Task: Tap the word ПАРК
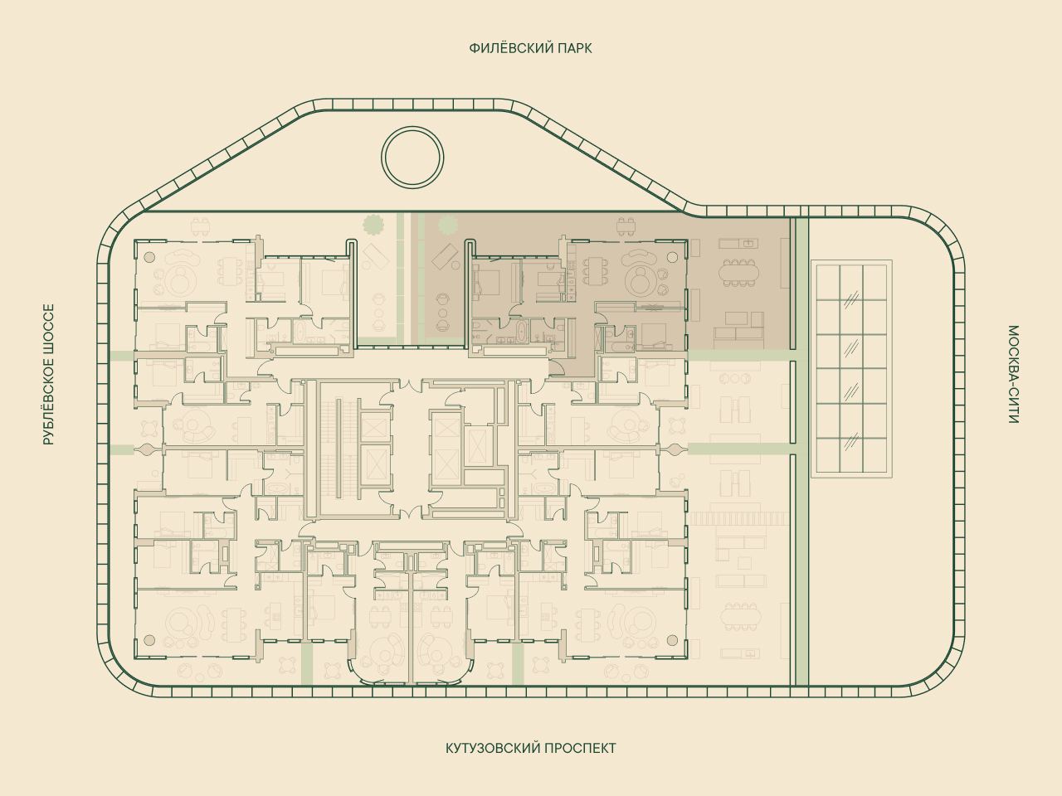[575, 48]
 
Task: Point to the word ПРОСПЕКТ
[580, 748]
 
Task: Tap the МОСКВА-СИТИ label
[1013, 374]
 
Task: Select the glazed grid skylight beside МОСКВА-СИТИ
[851, 369]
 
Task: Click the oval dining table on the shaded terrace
[738, 273]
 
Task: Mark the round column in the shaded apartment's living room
[672, 257]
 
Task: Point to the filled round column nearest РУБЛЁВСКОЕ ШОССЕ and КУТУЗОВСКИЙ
[149, 640]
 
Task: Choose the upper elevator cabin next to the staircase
[376, 428]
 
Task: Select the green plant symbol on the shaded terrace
[447, 224]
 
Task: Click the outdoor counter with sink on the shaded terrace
[738, 243]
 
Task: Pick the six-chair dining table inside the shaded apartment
[595, 273]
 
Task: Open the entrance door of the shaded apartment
[557, 368]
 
